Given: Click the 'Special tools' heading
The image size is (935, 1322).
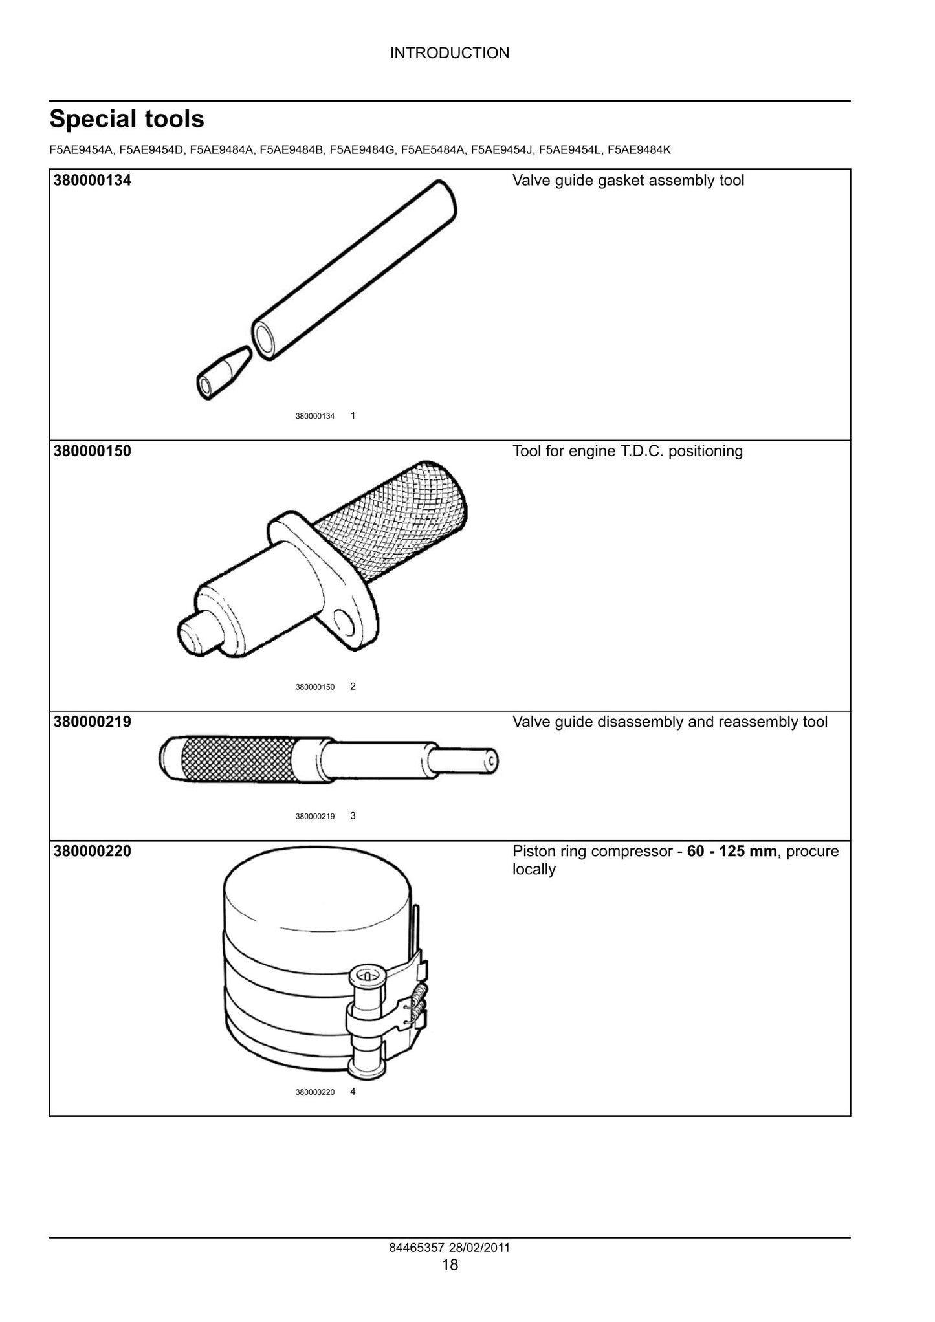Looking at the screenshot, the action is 127,119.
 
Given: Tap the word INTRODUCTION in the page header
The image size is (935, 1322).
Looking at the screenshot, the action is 450,53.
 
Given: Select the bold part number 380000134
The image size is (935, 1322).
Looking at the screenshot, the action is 93,181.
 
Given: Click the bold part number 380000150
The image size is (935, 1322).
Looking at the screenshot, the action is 93,451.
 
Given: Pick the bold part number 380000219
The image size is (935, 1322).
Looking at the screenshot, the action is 93,722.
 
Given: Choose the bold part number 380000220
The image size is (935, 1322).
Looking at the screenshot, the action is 93,851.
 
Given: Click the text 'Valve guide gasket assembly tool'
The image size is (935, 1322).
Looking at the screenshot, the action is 628,181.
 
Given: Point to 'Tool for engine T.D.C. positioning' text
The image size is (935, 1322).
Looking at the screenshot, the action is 628,451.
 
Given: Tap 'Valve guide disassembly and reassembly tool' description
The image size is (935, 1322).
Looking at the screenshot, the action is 670,722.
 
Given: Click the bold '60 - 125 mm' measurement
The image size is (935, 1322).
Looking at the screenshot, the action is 732,851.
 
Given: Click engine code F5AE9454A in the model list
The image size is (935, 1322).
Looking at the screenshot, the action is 82,150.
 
